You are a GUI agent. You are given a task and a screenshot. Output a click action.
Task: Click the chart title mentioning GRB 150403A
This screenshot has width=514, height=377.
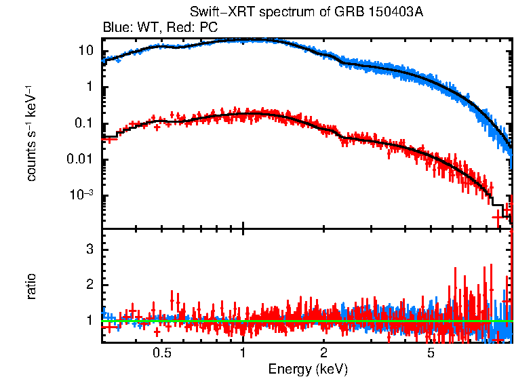click(307, 14)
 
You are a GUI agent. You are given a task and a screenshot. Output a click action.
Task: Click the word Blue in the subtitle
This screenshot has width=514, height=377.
click(115, 28)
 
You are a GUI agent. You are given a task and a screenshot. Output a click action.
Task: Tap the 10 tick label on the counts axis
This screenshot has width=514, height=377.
click(85, 51)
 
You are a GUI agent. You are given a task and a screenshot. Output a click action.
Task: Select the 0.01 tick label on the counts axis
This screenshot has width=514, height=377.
click(81, 160)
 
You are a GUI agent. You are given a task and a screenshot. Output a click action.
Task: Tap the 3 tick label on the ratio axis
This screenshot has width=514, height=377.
click(89, 250)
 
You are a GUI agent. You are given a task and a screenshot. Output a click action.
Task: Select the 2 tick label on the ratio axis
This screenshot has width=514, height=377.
click(89, 285)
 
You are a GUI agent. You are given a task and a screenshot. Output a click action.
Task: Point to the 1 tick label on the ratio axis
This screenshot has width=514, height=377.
click(89, 319)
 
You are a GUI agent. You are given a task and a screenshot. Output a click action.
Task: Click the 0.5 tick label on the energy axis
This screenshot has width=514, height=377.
click(161, 353)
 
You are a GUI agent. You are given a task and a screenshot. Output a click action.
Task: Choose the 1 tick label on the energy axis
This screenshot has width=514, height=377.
click(243, 353)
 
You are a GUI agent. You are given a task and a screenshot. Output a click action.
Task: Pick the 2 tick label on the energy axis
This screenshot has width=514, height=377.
click(324, 353)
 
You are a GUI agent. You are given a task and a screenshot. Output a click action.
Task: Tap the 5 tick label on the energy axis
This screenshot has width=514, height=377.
click(430, 353)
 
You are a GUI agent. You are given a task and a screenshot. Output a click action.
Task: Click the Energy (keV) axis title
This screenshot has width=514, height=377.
click(308, 369)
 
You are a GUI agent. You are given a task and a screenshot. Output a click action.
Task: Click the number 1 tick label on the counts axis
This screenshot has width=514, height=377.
click(89, 87)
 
